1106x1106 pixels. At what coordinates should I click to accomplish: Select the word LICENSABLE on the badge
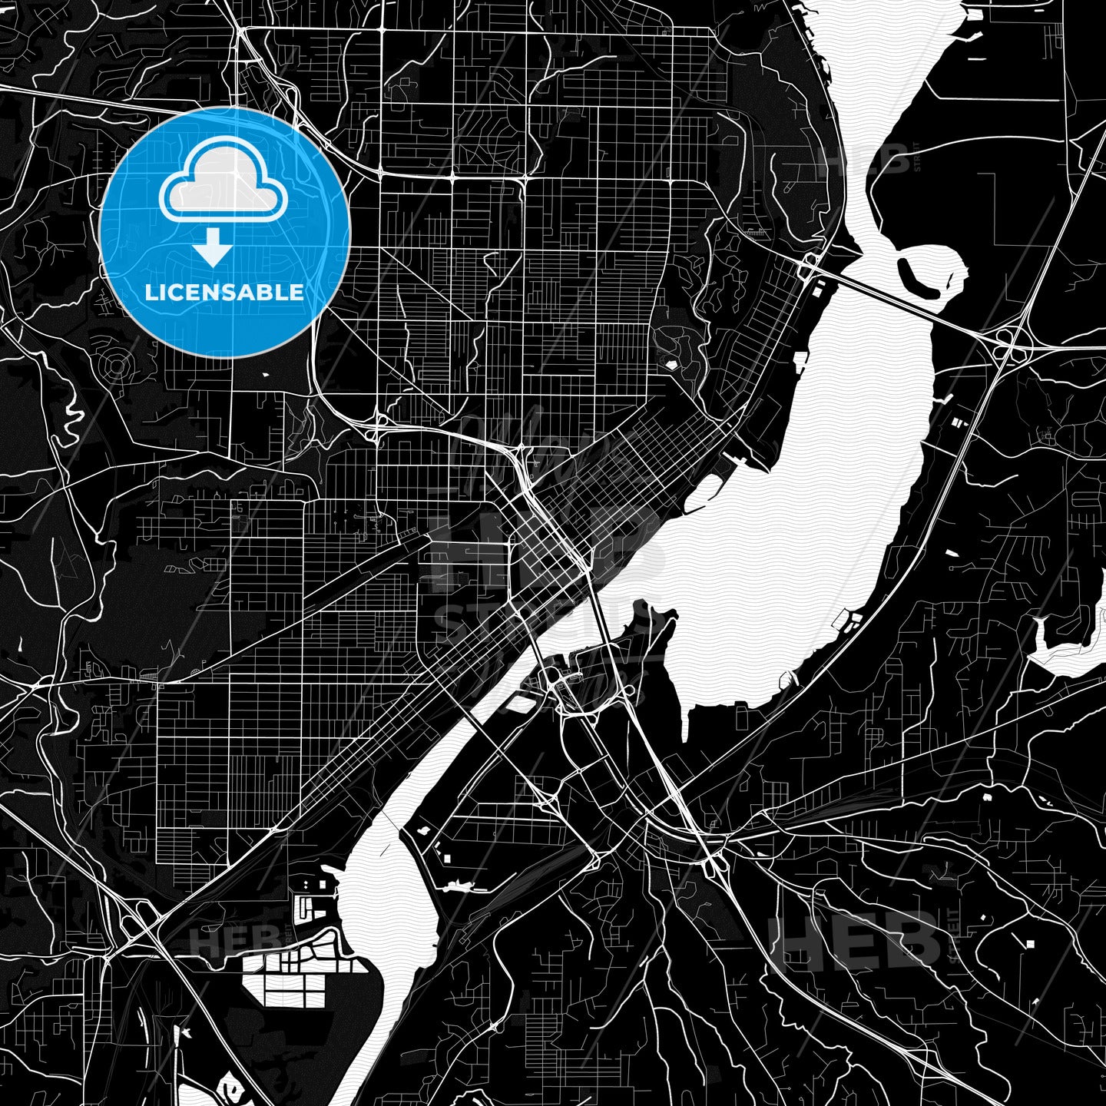click(x=224, y=293)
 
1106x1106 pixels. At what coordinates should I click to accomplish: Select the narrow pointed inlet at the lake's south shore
click(x=686, y=722)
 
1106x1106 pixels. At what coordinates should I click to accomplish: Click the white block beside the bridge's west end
click(x=816, y=291)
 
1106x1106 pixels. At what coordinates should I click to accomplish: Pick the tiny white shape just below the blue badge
click(x=265, y=375)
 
